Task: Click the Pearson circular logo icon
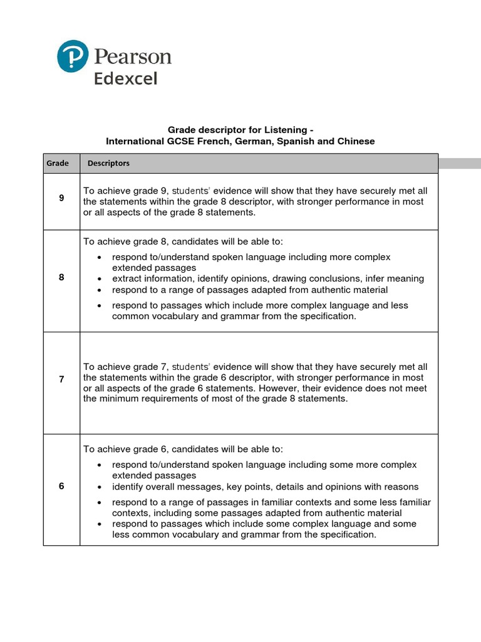73,55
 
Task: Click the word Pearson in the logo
133,56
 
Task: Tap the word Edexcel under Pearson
126,79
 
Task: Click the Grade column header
58,163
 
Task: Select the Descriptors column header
108,163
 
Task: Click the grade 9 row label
61,198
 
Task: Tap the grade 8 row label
61,277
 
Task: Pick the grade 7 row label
61,380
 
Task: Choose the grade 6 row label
61,486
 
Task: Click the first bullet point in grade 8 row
100,258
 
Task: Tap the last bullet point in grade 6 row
100,524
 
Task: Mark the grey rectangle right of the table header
460,163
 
